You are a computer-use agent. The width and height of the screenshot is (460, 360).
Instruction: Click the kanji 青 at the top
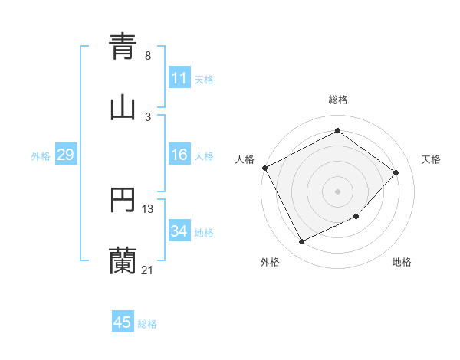123,46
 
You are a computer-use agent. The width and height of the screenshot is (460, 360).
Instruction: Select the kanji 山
123,107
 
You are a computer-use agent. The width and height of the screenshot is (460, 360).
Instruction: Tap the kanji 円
123,201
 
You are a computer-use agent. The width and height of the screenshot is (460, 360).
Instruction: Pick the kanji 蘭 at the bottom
123,260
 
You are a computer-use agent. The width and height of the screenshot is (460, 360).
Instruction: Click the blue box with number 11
179,78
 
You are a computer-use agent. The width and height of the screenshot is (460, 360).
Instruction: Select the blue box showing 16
179,155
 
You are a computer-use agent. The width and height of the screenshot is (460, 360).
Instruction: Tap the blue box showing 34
179,231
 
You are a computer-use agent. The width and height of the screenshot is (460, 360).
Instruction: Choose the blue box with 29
65,155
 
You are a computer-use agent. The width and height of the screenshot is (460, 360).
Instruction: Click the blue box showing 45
123,322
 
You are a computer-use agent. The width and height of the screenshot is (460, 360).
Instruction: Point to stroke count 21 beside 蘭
147,270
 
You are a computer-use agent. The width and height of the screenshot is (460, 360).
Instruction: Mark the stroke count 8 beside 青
147,56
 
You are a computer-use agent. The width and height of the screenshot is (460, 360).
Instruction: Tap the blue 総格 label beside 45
147,324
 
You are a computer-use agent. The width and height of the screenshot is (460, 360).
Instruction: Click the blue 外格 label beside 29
41,156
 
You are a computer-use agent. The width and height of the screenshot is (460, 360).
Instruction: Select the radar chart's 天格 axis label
431,159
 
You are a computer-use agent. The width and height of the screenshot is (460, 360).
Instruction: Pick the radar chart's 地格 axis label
402,262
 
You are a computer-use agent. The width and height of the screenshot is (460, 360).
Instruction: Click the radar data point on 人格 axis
264,168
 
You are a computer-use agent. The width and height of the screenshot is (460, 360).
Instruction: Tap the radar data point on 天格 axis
396,172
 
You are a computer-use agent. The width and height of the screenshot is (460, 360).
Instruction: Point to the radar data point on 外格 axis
301,242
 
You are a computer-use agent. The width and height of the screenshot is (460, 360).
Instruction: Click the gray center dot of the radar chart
337,191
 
